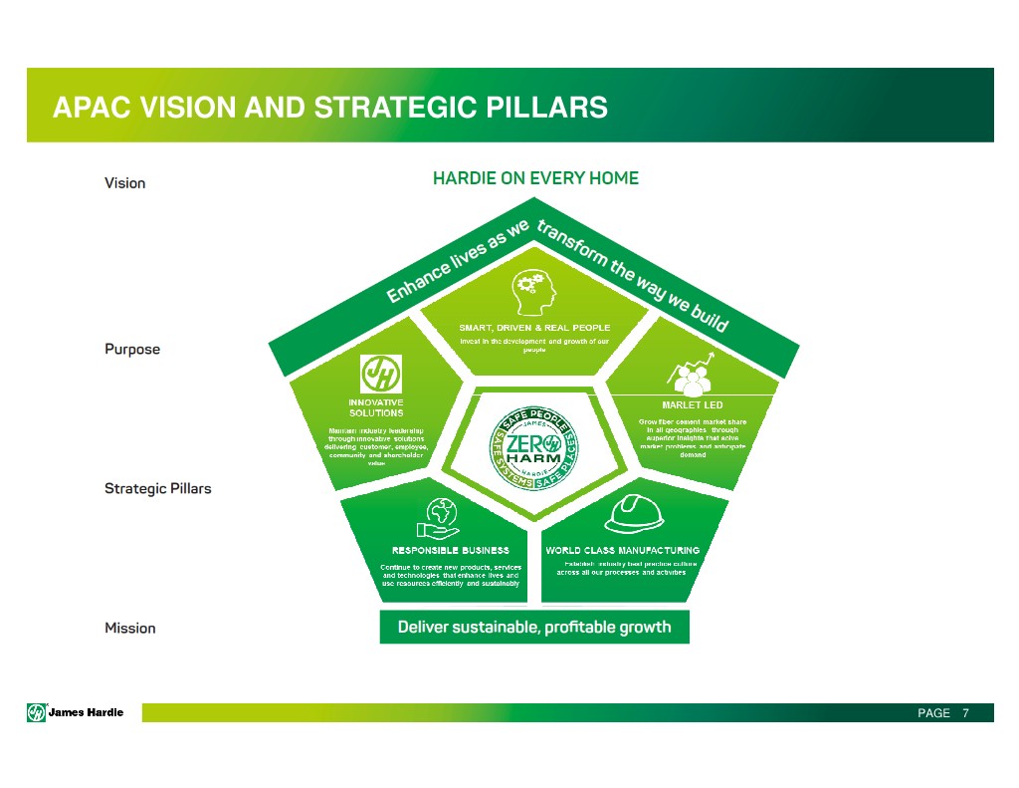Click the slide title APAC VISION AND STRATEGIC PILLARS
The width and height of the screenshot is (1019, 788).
[329, 107]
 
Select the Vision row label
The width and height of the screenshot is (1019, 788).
[125, 183]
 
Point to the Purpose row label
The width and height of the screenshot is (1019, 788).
[132, 350]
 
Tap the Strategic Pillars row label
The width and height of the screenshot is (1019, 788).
[158, 489]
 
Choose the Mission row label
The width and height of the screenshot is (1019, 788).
[130, 628]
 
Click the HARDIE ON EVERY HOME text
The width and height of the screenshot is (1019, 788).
[535, 179]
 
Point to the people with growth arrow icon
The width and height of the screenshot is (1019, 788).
[694, 374]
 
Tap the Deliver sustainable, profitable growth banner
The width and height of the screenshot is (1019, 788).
[534, 628]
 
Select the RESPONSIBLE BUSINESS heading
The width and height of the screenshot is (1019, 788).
[449, 550]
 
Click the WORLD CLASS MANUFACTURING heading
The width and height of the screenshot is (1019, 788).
[622, 550]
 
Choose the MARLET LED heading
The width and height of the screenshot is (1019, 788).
[692, 404]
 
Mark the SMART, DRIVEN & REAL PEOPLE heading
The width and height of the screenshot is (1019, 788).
[534, 328]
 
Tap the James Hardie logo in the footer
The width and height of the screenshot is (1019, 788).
[76, 712]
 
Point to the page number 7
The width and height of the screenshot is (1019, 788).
[964, 713]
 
